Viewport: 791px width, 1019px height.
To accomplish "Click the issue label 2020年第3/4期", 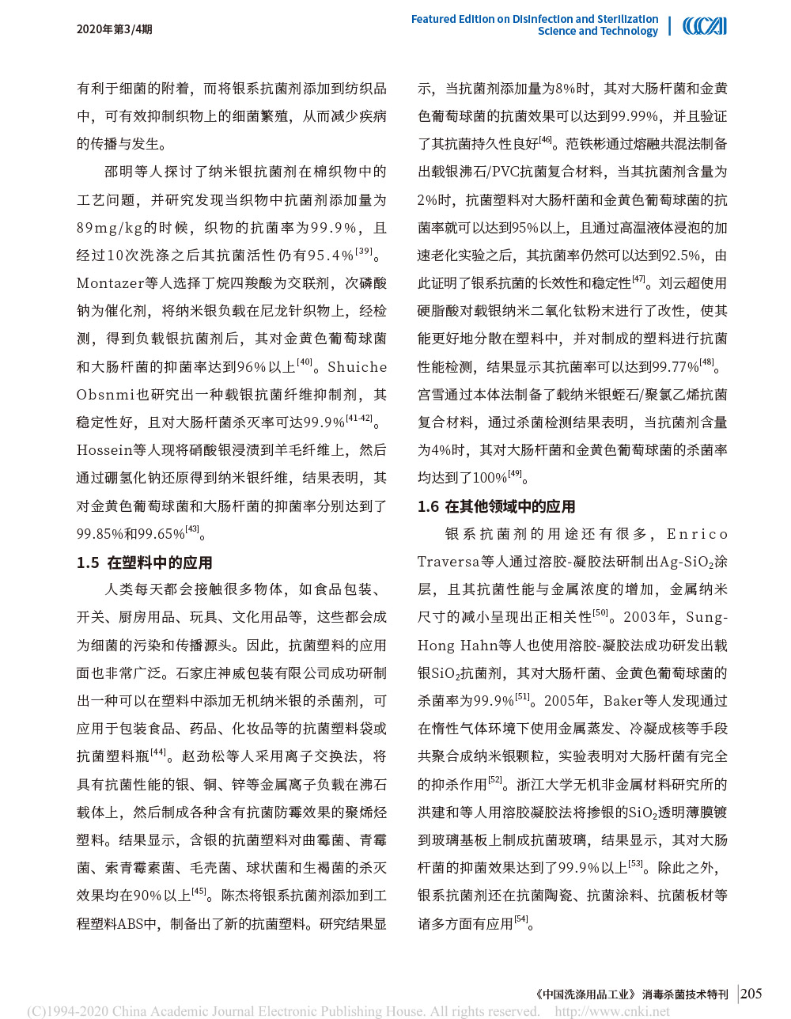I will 114,29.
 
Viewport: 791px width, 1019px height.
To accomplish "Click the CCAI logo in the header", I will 704,26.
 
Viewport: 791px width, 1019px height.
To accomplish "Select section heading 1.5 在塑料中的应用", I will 145,563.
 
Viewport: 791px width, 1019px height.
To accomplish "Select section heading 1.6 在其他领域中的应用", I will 497,506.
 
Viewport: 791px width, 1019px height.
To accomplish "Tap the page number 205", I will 751,994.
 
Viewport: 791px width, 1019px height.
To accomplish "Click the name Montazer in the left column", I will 107,283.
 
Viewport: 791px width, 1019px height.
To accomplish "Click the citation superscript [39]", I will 364,252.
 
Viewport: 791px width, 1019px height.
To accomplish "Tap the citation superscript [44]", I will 158,752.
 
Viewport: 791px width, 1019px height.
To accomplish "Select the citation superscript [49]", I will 515,474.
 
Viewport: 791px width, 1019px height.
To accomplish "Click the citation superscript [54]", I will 521,919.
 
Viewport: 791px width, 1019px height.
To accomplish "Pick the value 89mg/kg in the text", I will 109,228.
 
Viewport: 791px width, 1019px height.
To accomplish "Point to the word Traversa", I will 448,562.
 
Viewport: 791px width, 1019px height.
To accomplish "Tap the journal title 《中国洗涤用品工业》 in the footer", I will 586,994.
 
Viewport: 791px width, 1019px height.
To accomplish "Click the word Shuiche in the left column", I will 358,367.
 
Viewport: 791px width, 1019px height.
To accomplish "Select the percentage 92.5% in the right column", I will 679,256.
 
